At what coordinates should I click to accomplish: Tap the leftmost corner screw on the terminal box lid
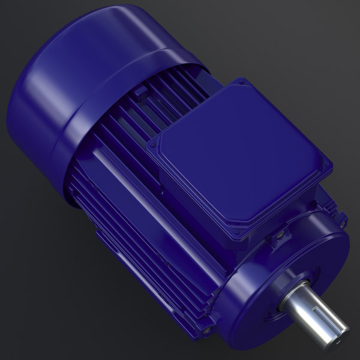point(151,145)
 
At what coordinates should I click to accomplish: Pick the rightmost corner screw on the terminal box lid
point(327,167)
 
